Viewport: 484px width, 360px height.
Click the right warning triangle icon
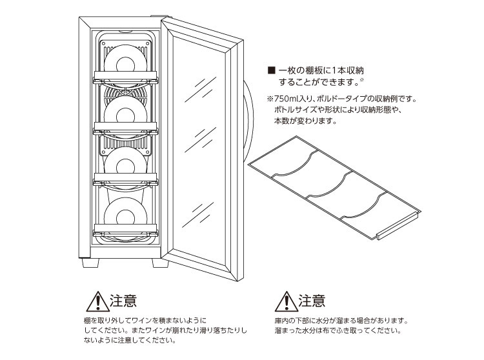point(283,303)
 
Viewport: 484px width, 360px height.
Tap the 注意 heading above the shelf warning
point(122,301)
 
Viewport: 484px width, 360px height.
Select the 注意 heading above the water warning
point(312,301)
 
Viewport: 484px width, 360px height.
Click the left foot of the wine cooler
point(88,263)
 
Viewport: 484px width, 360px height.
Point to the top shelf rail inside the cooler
point(126,79)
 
